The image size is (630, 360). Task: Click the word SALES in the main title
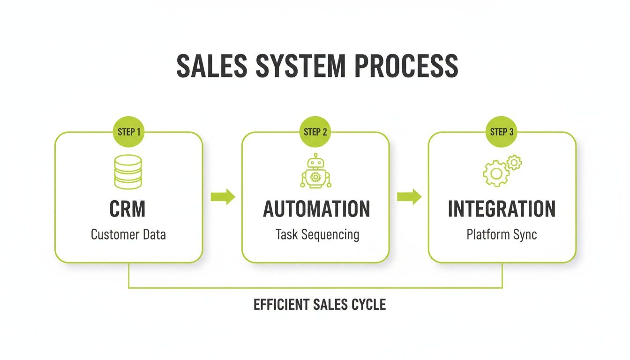(x=212, y=66)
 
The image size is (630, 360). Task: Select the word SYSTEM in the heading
(x=300, y=66)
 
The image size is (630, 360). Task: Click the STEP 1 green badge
(x=129, y=132)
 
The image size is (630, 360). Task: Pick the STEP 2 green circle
(x=315, y=132)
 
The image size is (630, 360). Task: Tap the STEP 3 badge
(x=502, y=132)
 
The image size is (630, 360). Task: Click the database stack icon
(x=128, y=172)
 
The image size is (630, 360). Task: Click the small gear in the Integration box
(x=514, y=163)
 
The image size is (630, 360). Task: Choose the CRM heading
(x=127, y=209)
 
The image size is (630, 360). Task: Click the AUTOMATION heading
(x=316, y=209)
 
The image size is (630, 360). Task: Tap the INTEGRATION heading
(x=502, y=209)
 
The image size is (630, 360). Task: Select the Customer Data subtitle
(x=128, y=234)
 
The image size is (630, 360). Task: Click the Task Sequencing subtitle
(x=317, y=234)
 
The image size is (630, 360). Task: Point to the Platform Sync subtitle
(x=502, y=234)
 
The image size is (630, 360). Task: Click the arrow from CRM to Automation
(x=223, y=197)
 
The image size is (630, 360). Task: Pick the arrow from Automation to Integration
(x=409, y=197)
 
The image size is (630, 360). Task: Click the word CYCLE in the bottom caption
(x=368, y=305)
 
